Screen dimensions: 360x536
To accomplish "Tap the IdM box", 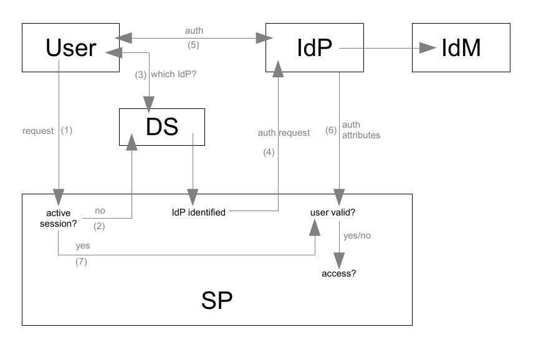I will [x=461, y=47].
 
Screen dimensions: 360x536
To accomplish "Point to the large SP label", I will [x=217, y=301].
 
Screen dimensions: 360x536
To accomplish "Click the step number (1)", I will [x=67, y=131].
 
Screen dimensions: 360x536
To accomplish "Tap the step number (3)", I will [x=140, y=74].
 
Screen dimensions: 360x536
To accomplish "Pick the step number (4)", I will [x=269, y=151].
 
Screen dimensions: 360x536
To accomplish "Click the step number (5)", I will [x=193, y=45].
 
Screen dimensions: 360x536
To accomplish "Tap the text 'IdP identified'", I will [x=198, y=213].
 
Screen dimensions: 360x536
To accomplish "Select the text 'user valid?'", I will [x=333, y=213].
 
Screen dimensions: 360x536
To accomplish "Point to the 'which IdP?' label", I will [x=171, y=74].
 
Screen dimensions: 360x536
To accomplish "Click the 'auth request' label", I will [x=284, y=133].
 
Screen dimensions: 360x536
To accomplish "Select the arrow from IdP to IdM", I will [x=376, y=47].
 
